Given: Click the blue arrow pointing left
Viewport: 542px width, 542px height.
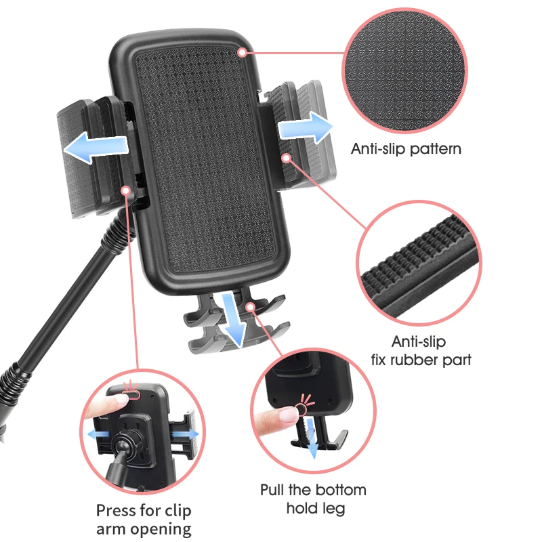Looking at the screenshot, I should (x=94, y=146).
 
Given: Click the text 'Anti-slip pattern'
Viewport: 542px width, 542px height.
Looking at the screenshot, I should (x=406, y=148).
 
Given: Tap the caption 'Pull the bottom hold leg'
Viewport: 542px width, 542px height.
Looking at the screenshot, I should (x=313, y=498).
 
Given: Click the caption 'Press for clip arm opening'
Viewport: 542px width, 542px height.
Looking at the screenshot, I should (x=144, y=519).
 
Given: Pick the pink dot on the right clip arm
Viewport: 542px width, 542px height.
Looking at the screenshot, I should (x=287, y=158).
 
